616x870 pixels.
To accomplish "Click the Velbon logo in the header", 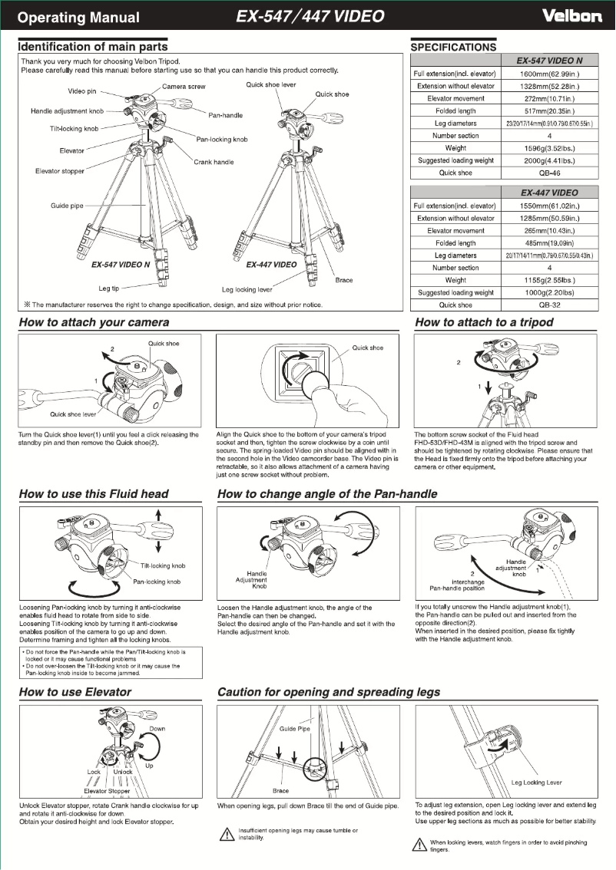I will (x=571, y=16).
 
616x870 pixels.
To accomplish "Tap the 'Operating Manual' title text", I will (x=79, y=18).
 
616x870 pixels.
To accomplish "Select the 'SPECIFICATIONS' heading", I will (x=453, y=48).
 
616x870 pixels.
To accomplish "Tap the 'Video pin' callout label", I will (x=82, y=91).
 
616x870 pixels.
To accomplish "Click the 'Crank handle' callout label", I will (x=214, y=162).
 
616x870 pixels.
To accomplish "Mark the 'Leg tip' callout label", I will (x=109, y=289).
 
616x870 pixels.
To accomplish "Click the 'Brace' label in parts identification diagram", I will (x=344, y=280).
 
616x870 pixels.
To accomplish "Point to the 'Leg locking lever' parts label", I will (x=247, y=290).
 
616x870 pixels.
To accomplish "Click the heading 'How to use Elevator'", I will (x=75, y=692).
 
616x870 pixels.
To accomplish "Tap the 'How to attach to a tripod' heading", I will (x=484, y=322).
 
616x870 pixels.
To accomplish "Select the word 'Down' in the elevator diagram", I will (x=157, y=729).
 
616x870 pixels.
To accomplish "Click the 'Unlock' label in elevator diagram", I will (x=123, y=772).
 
